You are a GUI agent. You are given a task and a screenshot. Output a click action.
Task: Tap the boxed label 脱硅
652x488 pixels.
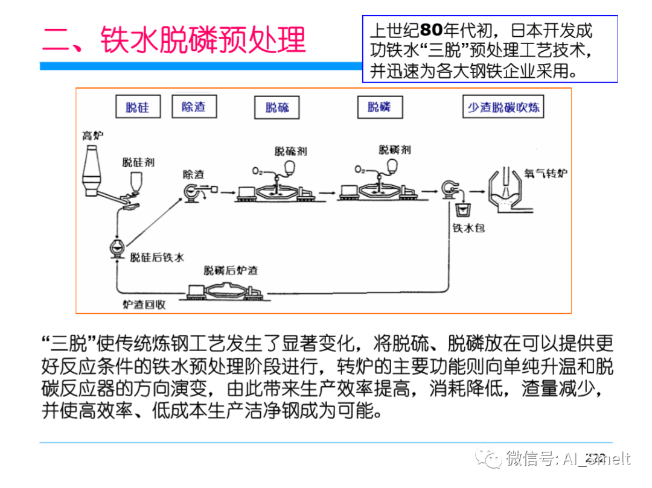tap(137, 108)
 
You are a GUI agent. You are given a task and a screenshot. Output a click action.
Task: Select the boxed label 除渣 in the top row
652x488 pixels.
tap(193, 107)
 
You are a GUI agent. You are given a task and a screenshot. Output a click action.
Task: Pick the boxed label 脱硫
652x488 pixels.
tap(277, 108)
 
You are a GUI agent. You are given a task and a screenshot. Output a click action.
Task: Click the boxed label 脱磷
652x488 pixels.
tap(379, 107)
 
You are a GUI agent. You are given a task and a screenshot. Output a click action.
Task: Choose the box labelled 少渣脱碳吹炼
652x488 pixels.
tap(503, 107)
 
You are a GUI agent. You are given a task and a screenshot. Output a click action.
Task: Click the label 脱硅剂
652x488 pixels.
tap(138, 162)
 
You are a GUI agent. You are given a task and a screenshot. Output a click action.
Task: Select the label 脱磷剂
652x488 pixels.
tap(395, 149)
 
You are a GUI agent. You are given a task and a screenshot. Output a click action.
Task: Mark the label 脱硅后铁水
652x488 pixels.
tap(157, 257)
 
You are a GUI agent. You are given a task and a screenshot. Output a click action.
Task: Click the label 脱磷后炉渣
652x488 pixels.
tap(231, 270)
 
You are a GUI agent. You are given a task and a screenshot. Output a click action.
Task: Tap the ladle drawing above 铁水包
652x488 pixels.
tap(463, 212)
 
